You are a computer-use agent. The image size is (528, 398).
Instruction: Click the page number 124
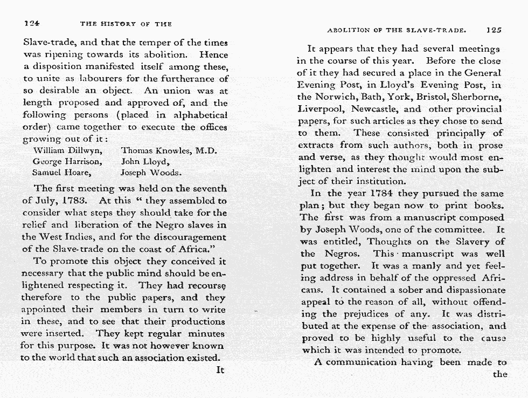(x=33, y=24)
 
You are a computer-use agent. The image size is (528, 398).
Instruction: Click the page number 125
(x=494, y=31)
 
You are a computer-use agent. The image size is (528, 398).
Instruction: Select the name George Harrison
(x=67, y=161)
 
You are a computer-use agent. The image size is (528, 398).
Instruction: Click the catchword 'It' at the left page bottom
(x=220, y=370)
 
